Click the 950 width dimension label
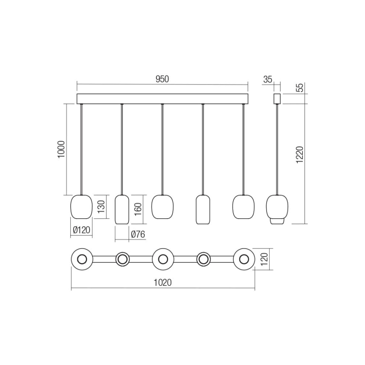pos(162,79)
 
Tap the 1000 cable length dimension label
pos(61,149)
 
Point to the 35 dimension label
pos(267,79)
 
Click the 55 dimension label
pos(299,88)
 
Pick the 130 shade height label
pos(101,206)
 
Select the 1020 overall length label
pos(163,283)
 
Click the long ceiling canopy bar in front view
pos(162,99)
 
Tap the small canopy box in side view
pos(277,98)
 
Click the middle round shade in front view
pos(162,206)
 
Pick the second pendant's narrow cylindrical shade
pos(122,209)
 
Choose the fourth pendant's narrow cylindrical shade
pos(203,209)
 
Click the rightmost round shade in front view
pos(243,206)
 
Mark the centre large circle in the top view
pos(163,259)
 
